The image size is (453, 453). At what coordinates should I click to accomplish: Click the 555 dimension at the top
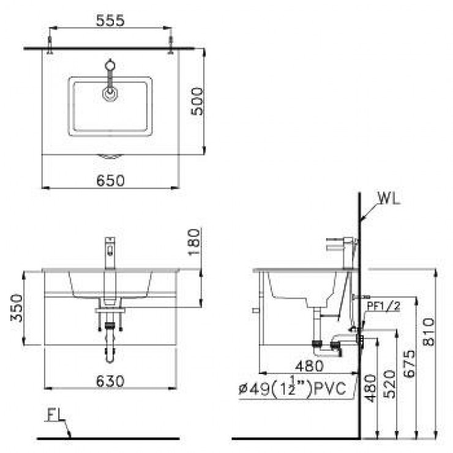(110, 20)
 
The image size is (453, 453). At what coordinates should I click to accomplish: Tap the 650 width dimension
(110, 180)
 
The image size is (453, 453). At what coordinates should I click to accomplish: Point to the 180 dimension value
(195, 242)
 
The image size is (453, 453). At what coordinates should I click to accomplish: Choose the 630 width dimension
(110, 381)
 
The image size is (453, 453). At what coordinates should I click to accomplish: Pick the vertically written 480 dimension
(370, 389)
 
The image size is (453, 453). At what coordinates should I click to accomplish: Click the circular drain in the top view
(110, 93)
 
